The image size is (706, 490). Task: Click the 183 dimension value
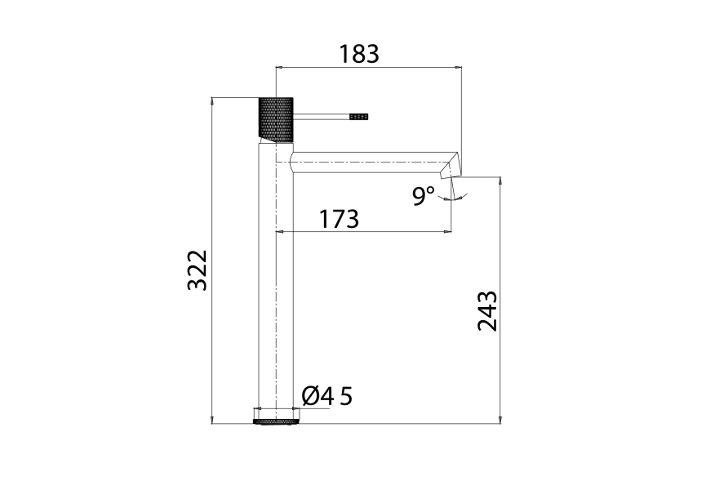click(359, 54)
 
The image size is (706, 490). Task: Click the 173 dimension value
click(339, 219)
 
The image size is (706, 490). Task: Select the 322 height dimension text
click(198, 270)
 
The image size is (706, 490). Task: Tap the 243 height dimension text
click(487, 311)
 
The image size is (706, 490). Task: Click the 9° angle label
click(424, 196)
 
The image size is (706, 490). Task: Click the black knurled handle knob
click(276, 118)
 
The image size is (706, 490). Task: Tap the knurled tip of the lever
click(359, 117)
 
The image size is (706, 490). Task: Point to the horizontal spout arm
click(367, 161)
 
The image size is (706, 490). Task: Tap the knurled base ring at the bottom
click(275, 421)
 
